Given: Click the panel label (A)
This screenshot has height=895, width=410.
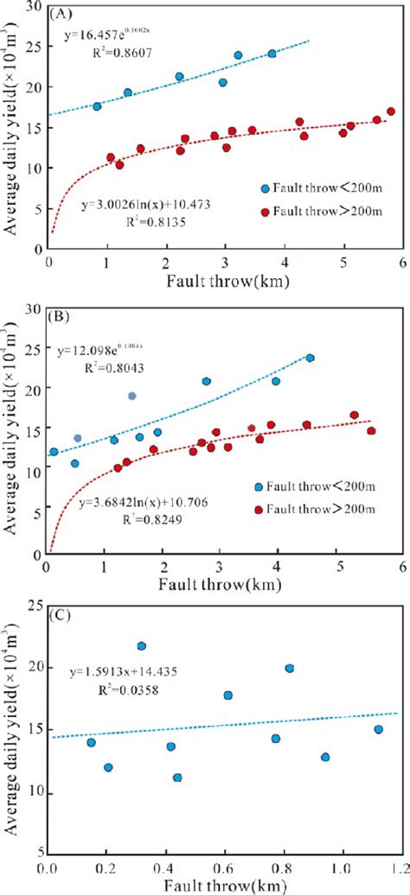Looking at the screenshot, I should coord(63,15).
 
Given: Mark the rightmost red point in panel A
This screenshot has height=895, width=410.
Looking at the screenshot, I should coord(390,111).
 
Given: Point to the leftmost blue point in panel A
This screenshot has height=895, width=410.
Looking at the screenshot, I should coord(97,106).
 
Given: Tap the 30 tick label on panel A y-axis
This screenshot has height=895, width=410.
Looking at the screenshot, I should coord(34,8).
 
